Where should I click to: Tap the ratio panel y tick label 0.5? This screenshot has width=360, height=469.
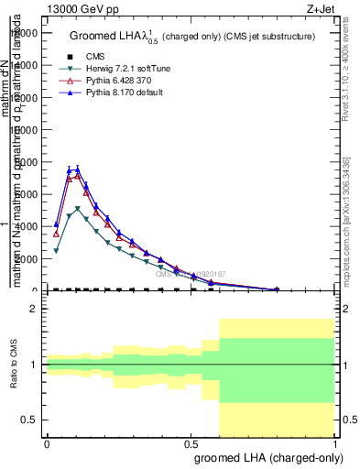(29, 420)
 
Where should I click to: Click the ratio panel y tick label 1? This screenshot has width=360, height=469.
(34, 365)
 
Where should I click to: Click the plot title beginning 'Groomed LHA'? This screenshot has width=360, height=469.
(192, 37)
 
